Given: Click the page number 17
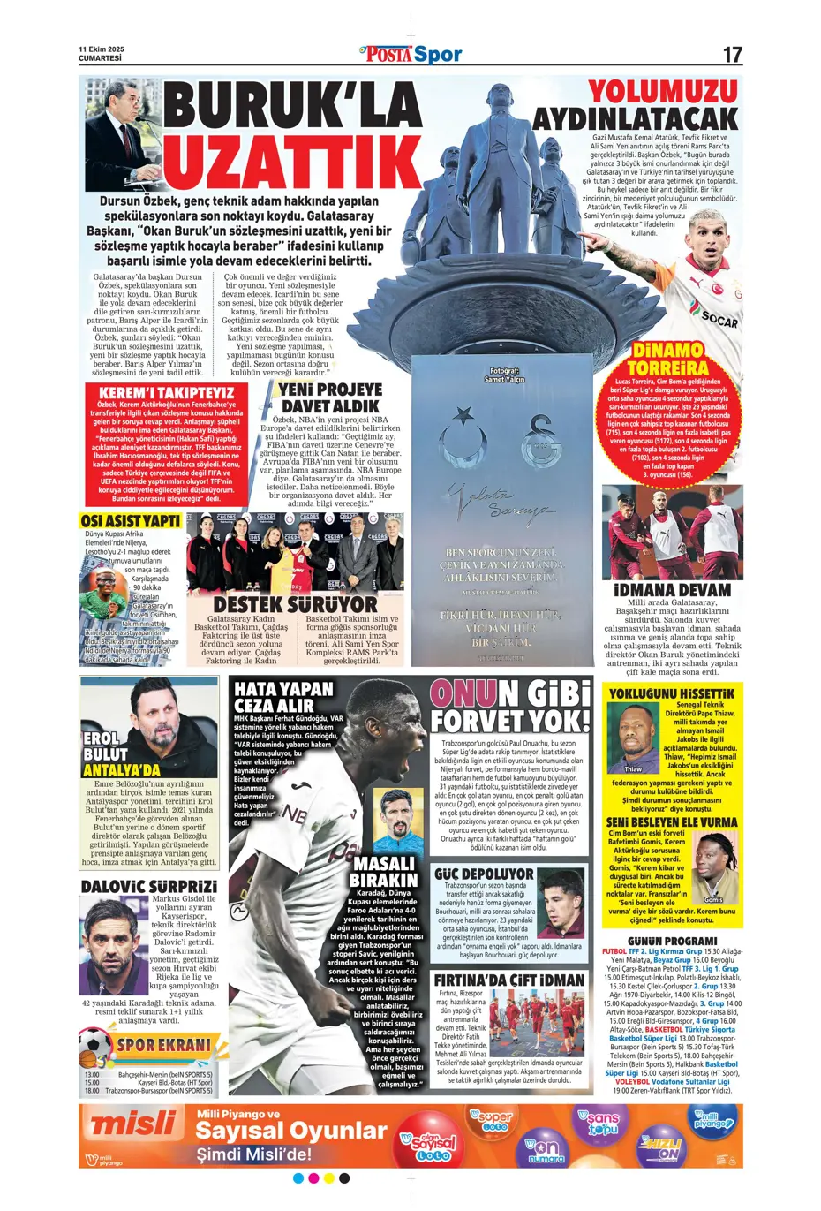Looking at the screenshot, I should (732, 55).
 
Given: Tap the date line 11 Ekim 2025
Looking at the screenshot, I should (102, 49).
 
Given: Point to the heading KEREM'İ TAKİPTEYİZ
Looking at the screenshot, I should (166, 392).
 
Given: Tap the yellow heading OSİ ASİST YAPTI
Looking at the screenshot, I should (131, 521).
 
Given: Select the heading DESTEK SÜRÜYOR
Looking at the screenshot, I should (295, 604).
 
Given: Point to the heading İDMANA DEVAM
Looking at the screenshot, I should (672, 590).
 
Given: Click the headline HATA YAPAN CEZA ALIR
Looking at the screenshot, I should (283, 697).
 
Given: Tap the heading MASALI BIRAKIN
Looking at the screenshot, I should (384, 872).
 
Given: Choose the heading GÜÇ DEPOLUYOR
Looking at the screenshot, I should (484, 874).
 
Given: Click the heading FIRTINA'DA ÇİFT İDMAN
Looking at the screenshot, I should (509, 980).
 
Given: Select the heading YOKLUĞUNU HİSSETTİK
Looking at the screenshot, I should (672, 694).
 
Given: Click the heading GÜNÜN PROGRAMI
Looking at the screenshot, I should (672, 942).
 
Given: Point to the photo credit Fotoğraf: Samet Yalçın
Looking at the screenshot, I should (504, 375).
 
